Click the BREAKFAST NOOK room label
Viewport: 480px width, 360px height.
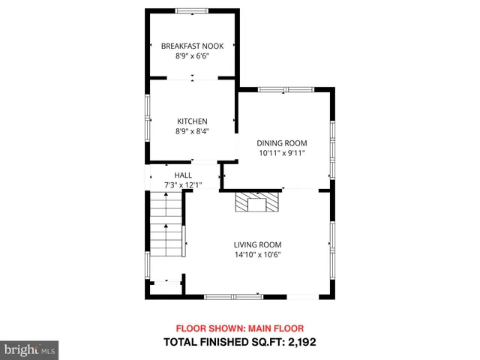point(192,46)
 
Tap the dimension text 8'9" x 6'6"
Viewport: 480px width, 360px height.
point(192,56)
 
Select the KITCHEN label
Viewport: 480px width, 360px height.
point(192,121)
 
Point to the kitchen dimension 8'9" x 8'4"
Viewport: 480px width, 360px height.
point(192,131)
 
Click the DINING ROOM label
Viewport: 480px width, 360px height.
point(282,143)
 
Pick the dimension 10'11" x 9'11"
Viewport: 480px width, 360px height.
point(282,153)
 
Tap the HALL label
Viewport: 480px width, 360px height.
point(183,175)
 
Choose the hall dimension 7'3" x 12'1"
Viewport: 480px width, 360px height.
point(183,184)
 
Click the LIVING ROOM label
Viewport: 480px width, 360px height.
point(257,244)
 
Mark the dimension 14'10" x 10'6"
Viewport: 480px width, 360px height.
point(257,254)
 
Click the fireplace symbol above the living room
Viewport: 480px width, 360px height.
point(256,202)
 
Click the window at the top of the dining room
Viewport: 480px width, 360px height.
point(286,90)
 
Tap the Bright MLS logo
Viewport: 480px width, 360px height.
point(29,349)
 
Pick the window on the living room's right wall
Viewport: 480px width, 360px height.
point(331,247)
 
